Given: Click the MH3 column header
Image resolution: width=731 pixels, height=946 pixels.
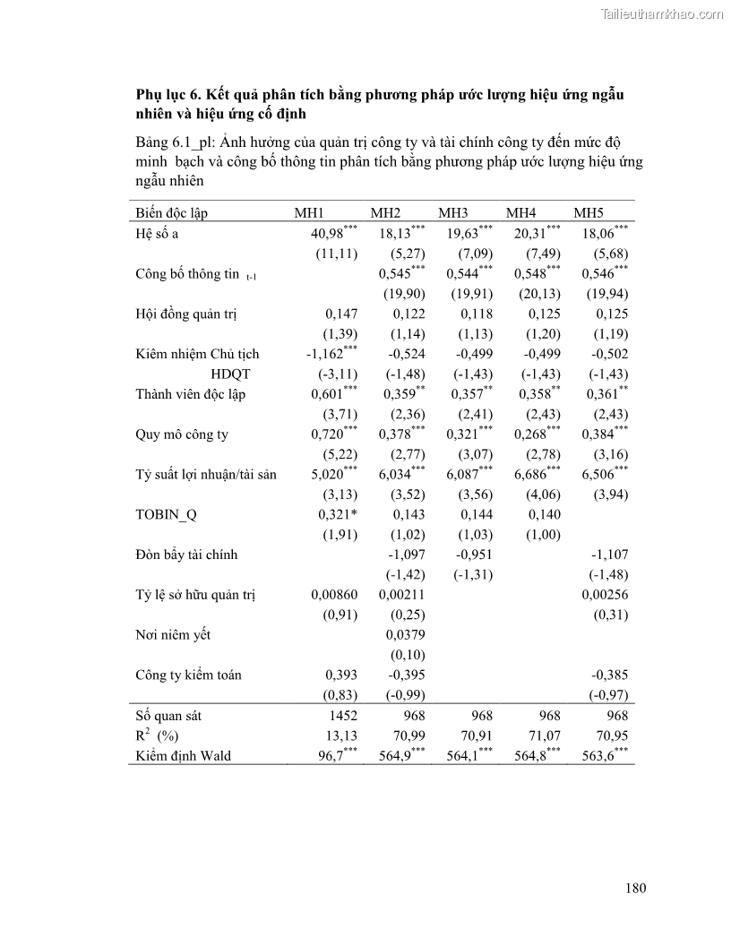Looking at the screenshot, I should click(x=453, y=213).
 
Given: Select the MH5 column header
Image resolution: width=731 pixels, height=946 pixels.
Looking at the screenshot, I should click(x=589, y=213).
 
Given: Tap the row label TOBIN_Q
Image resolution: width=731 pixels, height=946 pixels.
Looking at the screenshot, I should click(x=165, y=515).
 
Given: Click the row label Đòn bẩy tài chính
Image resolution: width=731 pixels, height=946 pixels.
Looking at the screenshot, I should click(x=186, y=555).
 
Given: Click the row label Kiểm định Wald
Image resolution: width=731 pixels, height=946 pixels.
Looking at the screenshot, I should click(x=183, y=755).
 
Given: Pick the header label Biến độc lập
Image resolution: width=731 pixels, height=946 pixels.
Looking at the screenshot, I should click(x=172, y=213).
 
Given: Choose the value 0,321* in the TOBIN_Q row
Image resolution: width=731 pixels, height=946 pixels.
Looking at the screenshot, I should click(x=338, y=515).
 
